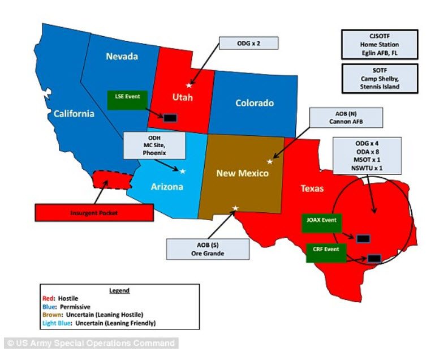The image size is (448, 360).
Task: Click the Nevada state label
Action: click(x=122, y=57)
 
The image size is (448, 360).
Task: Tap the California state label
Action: click(x=74, y=114)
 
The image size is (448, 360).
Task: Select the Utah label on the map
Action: click(x=182, y=97)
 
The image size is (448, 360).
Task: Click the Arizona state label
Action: click(x=166, y=186)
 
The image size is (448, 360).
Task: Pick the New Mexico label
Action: click(x=242, y=173)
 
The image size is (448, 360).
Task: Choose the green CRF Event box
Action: click(x=325, y=252)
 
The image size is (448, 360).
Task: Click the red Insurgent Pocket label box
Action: click(x=94, y=213)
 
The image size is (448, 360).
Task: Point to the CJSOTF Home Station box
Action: click(x=380, y=45)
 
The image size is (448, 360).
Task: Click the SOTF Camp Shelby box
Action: click(x=380, y=79)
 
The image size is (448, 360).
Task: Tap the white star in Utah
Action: click(x=189, y=85)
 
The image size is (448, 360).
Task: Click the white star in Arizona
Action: click(x=183, y=171)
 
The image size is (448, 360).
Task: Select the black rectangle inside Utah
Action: click(x=169, y=118)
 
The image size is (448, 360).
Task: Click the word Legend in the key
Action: click(x=119, y=290)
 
